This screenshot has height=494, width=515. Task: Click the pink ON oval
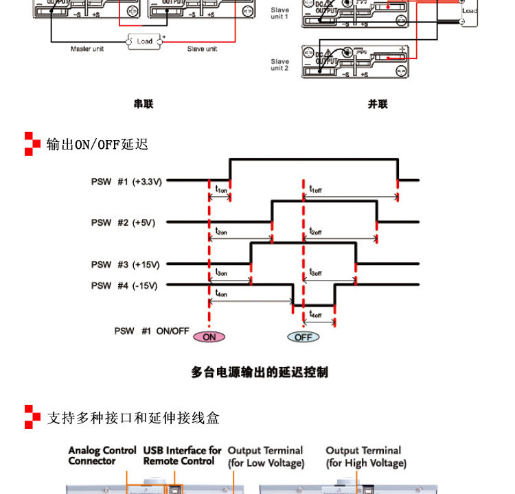[209, 337]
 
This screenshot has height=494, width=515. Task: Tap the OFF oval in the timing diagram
[303, 337]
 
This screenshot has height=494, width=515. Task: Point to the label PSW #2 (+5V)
[124, 223]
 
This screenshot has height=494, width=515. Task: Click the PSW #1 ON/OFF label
[151, 331]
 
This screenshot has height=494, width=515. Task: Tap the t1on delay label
[221, 189]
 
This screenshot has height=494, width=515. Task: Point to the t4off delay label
[316, 315]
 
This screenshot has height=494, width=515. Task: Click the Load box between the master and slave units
[144, 41]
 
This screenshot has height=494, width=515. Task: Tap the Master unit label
[87, 49]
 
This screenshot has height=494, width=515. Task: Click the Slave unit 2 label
[279, 64]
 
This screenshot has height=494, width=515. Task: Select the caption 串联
[144, 104]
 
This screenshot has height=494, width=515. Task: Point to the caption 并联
[378, 104]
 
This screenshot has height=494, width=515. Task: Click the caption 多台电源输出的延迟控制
[260, 373]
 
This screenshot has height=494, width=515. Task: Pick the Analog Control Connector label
[102, 456]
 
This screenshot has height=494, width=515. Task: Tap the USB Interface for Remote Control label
[182, 456]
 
